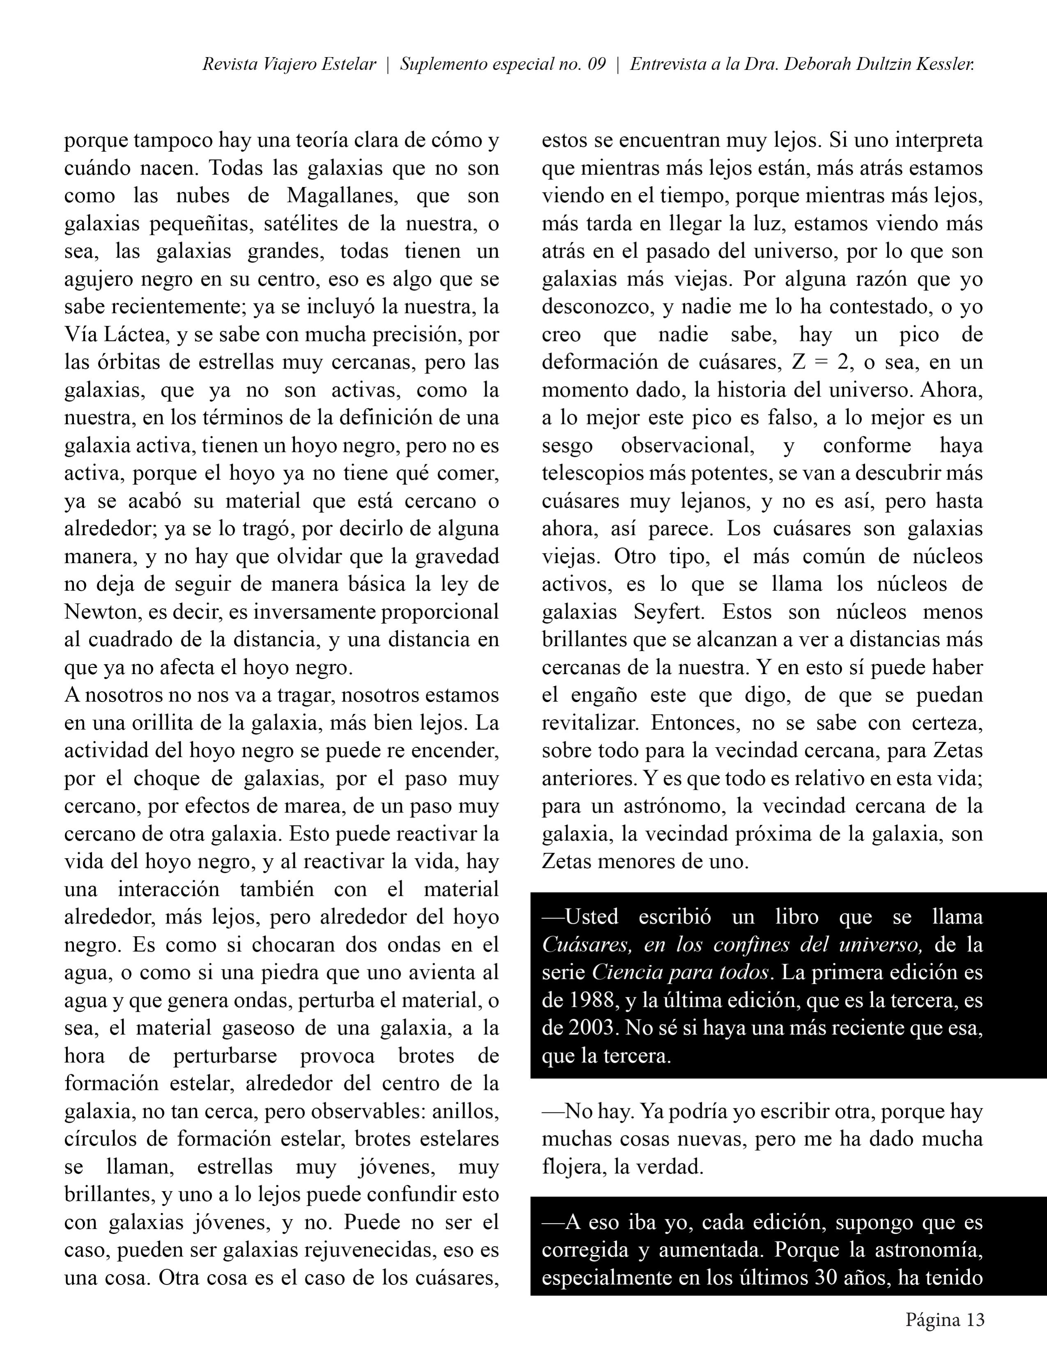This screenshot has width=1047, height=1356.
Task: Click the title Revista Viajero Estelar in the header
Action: pyautogui.click(x=289, y=64)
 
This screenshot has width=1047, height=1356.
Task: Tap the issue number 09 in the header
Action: pyautogui.click(x=597, y=64)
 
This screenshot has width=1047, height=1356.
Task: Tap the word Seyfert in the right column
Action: pyautogui.click(x=669, y=612)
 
